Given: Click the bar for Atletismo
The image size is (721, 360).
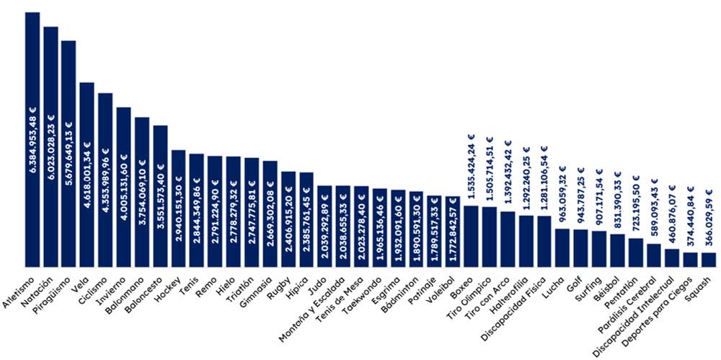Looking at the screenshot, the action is click(x=32, y=139).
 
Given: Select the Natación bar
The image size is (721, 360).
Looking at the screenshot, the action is click(x=50, y=147).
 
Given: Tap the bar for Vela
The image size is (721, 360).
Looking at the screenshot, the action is click(x=87, y=175).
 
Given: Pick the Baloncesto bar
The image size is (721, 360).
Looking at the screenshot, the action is click(x=160, y=196).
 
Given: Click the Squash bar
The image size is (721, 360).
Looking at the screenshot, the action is click(x=709, y=260).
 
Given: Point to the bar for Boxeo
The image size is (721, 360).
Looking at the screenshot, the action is click(x=471, y=236).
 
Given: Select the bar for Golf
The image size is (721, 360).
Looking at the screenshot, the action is click(x=580, y=248).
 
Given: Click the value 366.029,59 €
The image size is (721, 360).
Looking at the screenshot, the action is click(x=709, y=218).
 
